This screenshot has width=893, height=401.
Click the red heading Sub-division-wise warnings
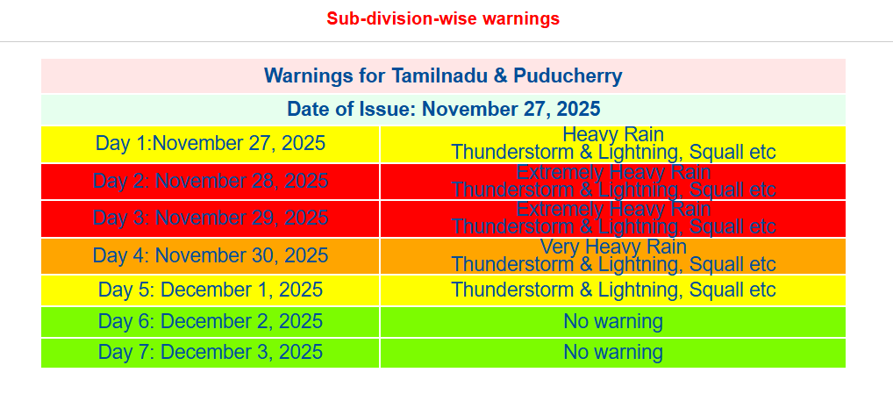pos(443,18)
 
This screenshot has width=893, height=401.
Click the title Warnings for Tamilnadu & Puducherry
pos(443,75)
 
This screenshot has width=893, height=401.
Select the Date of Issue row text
pos(443,109)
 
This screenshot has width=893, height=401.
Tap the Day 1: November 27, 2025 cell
pos(211,143)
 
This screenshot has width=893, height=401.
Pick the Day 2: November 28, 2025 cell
pos(211,181)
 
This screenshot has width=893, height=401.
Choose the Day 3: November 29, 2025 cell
pos(211,218)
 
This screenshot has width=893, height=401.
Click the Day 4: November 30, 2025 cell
pos(211,255)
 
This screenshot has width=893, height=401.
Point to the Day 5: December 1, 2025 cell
pos(211,290)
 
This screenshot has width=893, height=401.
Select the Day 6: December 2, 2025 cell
pos(211,321)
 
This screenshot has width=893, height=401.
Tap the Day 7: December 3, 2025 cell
pos(211,352)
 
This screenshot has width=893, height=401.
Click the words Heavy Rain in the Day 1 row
pos(613,134)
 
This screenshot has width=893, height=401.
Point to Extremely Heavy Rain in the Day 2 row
pos(613,172)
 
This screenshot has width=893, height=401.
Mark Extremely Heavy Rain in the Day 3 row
pos(613,209)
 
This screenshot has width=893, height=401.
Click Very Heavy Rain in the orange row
pos(613,247)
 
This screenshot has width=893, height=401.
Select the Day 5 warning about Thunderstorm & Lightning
pos(613,290)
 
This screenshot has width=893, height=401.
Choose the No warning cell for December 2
pos(613,321)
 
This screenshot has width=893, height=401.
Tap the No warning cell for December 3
pos(613,352)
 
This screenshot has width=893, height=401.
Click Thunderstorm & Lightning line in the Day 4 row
pos(613,264)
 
